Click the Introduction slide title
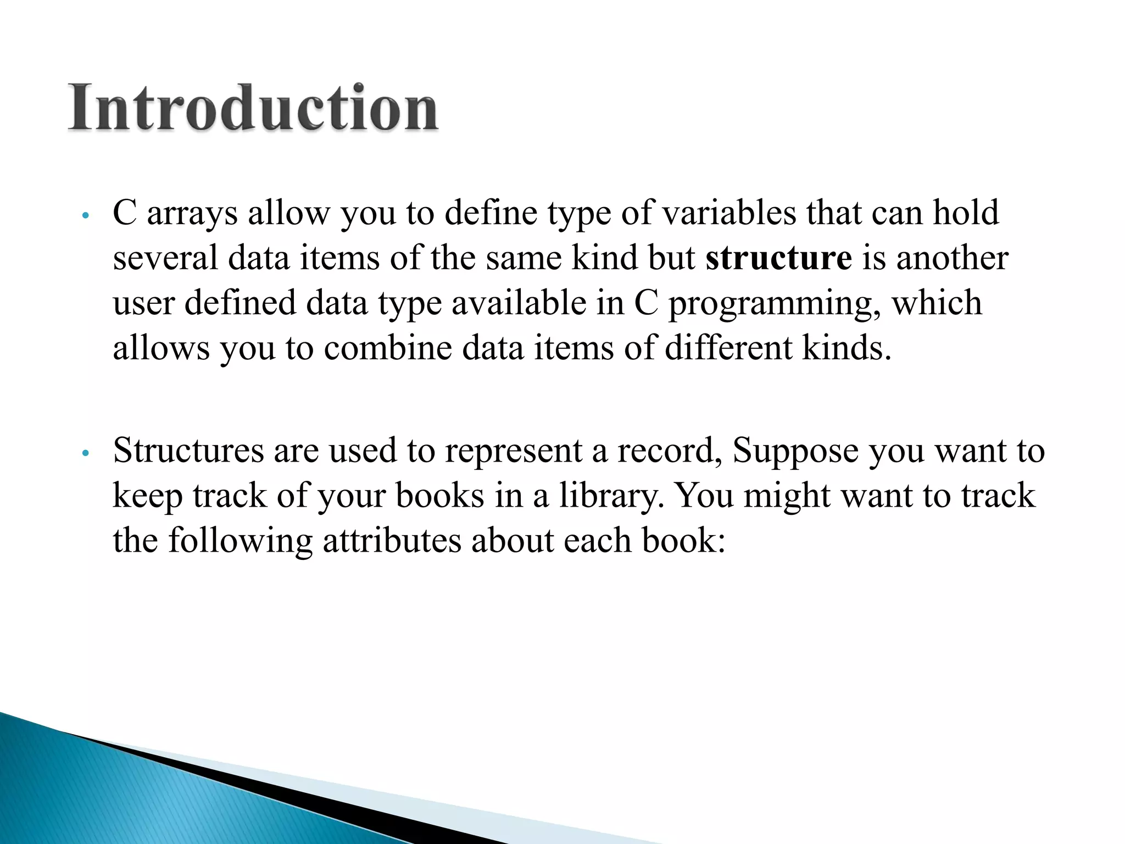point(253,108)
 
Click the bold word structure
point(778,258)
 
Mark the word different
point(728,348)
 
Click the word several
point(165,258)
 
